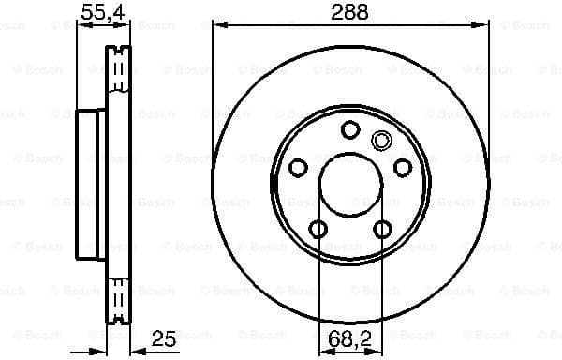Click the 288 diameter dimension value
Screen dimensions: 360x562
coord(349,12)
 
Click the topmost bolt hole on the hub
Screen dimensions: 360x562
coord(350,129)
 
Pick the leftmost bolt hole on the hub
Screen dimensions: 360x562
coord(298,168)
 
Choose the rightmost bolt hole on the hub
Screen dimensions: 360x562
coord(403,168)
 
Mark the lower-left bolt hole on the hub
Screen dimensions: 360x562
coord(318,229)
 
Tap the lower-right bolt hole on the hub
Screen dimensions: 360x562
coord(382,229)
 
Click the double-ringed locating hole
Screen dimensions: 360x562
coord(380,142)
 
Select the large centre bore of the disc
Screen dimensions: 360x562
coord(350,185)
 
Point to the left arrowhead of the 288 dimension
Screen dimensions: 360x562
coord(218,25)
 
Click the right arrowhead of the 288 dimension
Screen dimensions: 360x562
coord(483,25)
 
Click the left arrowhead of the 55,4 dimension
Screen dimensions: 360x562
coord(81,25)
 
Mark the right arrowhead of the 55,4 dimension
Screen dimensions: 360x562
coord(125,25)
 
